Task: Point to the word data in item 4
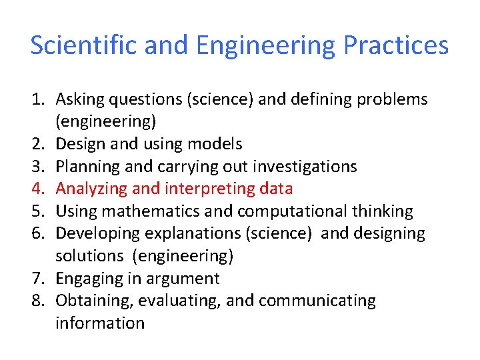(x=275, y=189)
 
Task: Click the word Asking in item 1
(x=77, y=99)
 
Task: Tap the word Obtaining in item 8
(x=95, y=301)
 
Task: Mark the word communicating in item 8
(x=317, y=301)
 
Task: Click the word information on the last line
(x=99, y=323)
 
